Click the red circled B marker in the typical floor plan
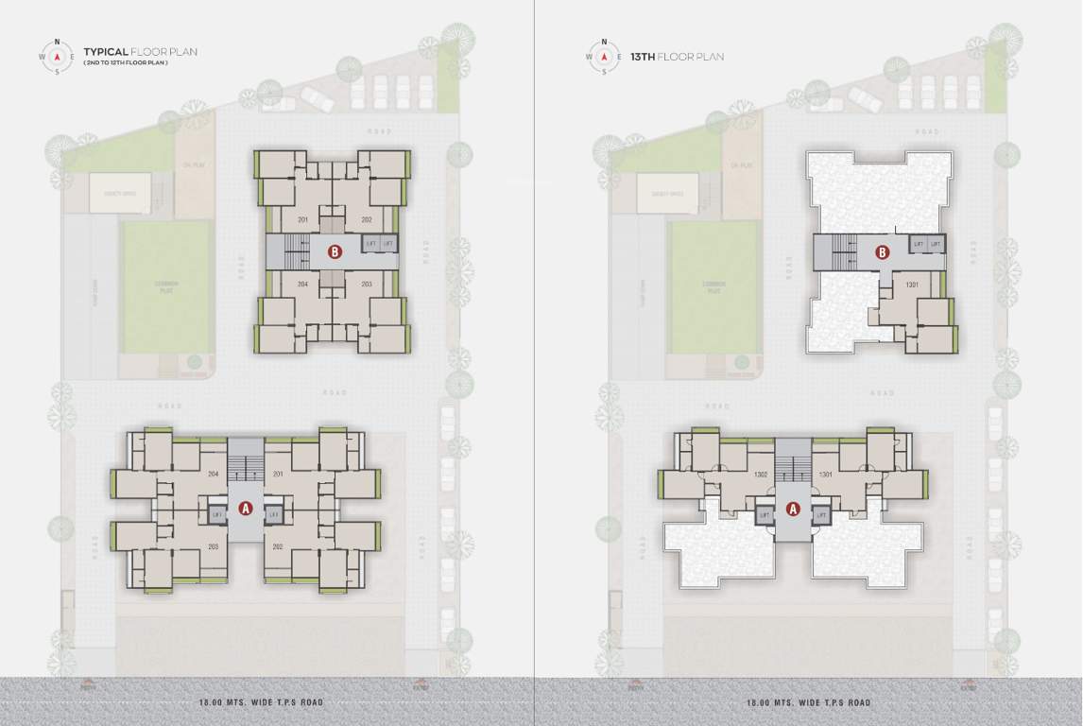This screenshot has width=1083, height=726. [x=333, y=251]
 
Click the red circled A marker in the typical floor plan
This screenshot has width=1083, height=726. [x=246, y=509]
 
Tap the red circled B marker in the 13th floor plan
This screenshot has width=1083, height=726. [x=882, y=252]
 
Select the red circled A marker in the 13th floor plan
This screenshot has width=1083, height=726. [x=794, y=509]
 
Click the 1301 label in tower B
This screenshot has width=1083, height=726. [x=912, y=284]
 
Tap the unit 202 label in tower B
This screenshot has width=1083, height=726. [x=366, y=219]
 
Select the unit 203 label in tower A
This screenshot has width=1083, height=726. [x=214, y=546]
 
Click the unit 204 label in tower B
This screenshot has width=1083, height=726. [x=303, y=284]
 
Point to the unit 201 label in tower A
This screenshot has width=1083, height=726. [x=278, y=474]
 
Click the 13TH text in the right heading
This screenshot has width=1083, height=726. [x=644, y=57]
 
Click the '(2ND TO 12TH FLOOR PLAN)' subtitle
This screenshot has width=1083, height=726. [x=126, y=62]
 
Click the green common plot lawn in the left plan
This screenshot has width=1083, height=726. [x=166, y=285]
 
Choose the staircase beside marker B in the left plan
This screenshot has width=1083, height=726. [x=297, y=251]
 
